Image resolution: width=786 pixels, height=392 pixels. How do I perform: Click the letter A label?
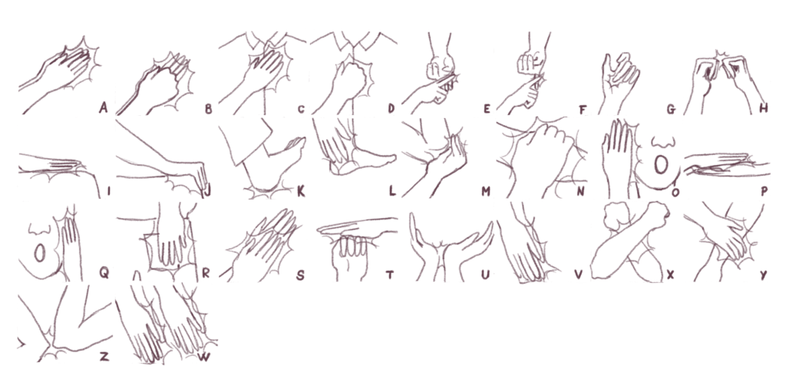pos(104,107)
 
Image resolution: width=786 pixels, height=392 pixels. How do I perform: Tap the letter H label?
pos(764,107)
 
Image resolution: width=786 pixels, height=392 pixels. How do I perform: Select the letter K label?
pos(301,191)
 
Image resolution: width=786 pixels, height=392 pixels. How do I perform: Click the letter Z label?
pos(104,357)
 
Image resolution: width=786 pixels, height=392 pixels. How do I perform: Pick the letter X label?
pos(671,274)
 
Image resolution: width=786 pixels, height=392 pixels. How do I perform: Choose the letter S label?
pos(300,275)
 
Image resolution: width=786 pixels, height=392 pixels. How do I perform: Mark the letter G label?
pos(671,108)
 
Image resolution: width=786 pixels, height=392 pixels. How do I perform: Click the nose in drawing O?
pos(662,142)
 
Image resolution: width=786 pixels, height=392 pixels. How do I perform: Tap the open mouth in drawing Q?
pos(40,253)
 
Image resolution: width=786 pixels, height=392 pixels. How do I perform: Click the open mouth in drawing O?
pos(662,164)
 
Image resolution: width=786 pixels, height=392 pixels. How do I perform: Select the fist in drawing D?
pos(349,77)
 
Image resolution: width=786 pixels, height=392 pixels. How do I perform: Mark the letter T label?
pos(389,274)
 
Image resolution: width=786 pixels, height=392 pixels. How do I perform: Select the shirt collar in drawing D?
pos(355,43)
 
